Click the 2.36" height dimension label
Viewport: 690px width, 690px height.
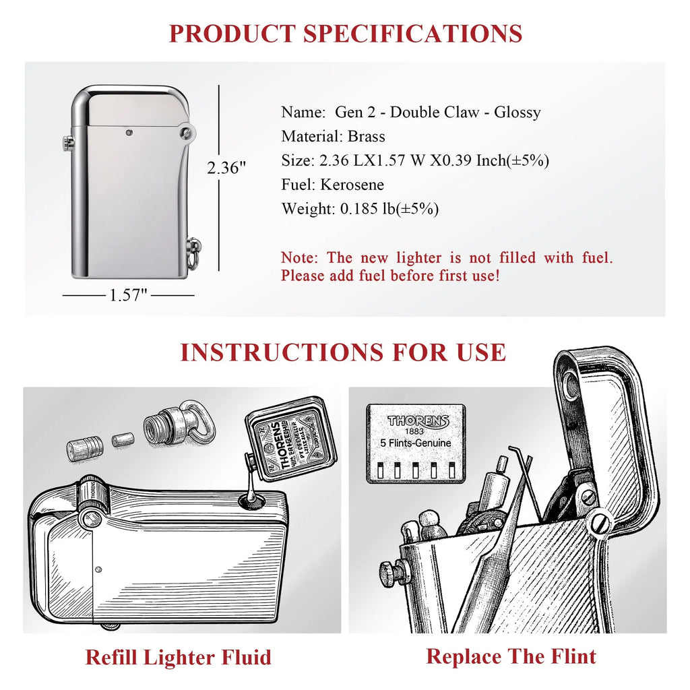(x=226, y=168)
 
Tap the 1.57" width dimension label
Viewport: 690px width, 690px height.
(x=129, y=295)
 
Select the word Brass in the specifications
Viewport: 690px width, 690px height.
(x=367, y=137)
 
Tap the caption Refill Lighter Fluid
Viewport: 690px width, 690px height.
(x=178, y=657)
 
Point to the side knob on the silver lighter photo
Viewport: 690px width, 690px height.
(x=68, y=142)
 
